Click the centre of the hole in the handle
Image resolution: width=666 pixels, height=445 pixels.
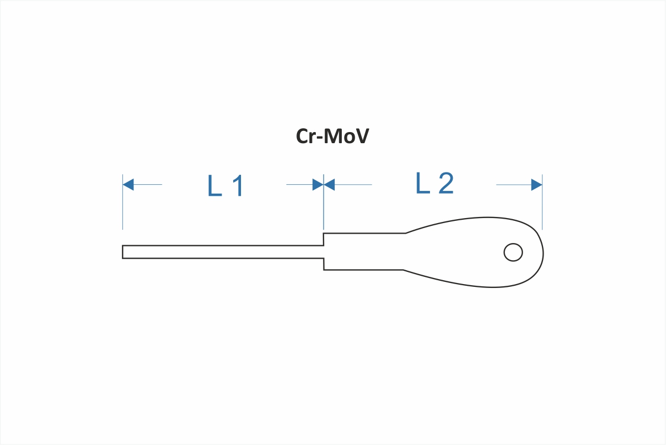tap(513, 252)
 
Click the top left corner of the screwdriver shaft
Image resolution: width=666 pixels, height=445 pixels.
tap(122, 246)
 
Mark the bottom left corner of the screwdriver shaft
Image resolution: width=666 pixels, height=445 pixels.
tap(122, 259)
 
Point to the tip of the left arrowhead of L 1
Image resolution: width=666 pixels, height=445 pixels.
tap(123, 185)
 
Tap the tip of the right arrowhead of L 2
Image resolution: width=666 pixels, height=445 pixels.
tap(542, 185)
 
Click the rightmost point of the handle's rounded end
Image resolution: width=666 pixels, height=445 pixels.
tap(544, 254)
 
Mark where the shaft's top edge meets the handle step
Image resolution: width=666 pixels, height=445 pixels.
tap(324, 246)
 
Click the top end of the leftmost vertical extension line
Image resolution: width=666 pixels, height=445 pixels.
tap(122, 174)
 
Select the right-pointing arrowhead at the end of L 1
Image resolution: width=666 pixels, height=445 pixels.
tap(318, 185)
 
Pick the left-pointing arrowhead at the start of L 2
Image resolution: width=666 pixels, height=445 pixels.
tap(329, 185)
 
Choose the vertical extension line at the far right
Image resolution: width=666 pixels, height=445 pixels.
tap(542, 202)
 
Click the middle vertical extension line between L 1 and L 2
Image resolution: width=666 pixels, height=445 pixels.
tap(324, 202)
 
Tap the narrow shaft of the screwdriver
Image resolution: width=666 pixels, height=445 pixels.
tap(223, 252)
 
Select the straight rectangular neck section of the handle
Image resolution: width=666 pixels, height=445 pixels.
tap(364, 252)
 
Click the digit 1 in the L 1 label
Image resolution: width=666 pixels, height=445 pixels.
tap(238, 186)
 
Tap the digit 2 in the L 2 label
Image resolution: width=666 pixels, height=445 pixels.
tap(446, 183)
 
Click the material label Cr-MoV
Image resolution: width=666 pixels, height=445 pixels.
tap(332, 136)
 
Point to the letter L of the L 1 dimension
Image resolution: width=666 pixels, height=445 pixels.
tap(214, 186)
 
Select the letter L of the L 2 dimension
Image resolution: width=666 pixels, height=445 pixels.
tap(423, 183)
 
